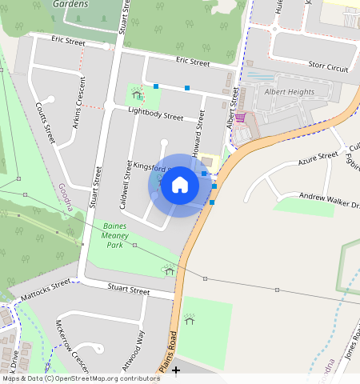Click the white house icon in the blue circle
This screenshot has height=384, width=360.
point(180,186)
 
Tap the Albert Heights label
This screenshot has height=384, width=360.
point(289,92)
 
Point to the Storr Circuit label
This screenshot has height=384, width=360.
point(327,66)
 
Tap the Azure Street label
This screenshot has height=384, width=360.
point(318,159)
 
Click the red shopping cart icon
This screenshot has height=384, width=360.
point(239,117)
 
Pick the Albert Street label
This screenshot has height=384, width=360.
point(233,111)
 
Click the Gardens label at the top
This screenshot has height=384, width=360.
point(70,4)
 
